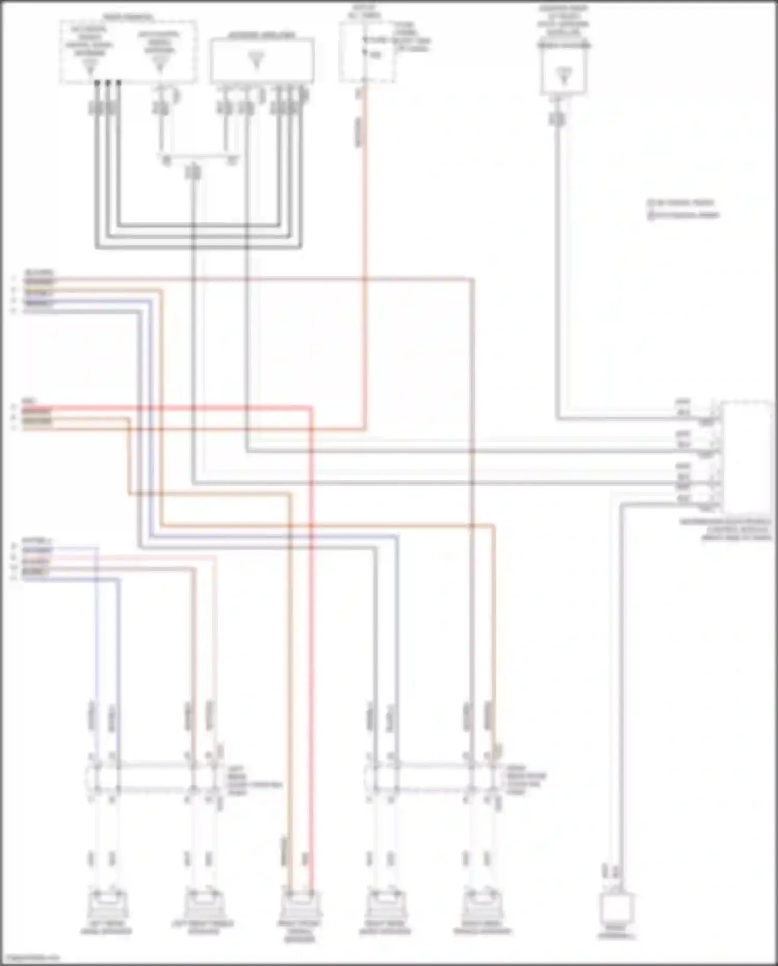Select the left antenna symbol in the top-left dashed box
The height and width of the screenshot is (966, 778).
[90, 65]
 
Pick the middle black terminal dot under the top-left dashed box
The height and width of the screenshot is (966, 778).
[108, 82]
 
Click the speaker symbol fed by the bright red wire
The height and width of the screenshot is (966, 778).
[300, 905]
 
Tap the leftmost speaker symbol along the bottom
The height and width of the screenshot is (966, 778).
[106, 905]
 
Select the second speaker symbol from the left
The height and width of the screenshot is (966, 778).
[203, 905]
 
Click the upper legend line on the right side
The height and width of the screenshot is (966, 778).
[683, 202]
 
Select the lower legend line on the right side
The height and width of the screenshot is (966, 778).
[684, 214]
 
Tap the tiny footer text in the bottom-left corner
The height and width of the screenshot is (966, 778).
[30, 958]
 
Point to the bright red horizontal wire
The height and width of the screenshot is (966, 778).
[171, 408]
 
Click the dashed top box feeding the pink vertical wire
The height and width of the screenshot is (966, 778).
[367, 52]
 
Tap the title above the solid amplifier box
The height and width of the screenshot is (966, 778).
[261, 35]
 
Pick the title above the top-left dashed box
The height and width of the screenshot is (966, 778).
[128, 17]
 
